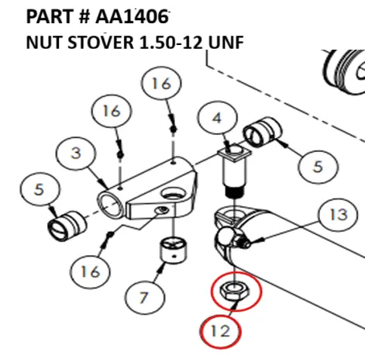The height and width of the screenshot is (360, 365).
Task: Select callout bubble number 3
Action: pos(74,154)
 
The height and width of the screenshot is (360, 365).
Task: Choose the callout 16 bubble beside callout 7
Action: pos(90,271)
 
